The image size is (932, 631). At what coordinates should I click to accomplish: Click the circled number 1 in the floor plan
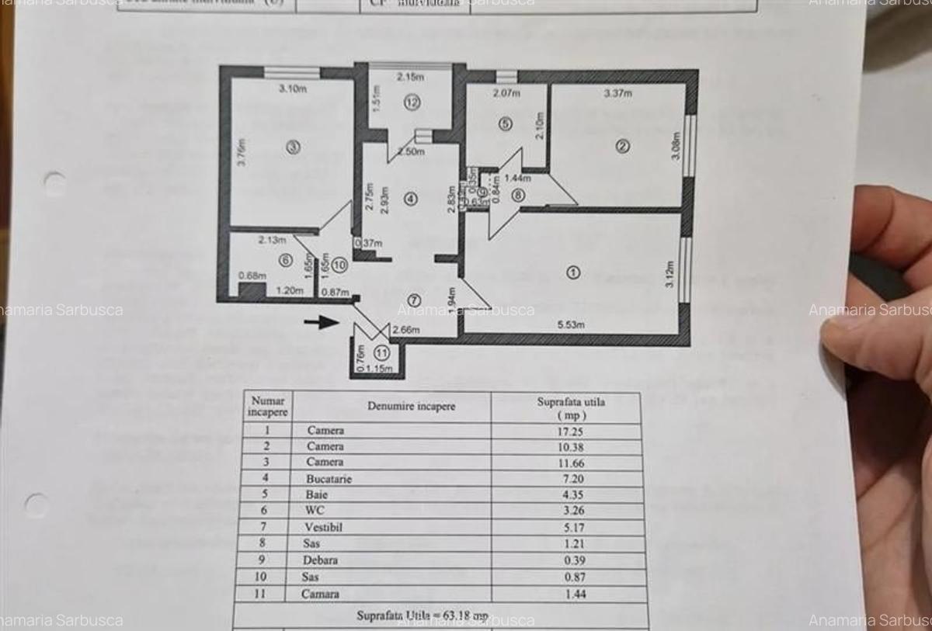tap(573, 272)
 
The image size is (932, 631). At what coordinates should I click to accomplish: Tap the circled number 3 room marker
tap(292, 147)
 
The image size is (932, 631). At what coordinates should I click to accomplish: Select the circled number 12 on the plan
tap(412, 102)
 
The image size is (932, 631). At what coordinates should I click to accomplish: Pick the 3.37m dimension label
tap(618, 94)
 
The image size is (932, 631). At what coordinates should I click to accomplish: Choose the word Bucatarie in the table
tap(329, 479)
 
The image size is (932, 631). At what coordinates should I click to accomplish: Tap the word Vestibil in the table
tap(324, 527)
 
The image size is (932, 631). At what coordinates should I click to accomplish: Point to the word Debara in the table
tap(322, 560)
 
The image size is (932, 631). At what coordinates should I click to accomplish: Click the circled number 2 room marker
tap(622, 146)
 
